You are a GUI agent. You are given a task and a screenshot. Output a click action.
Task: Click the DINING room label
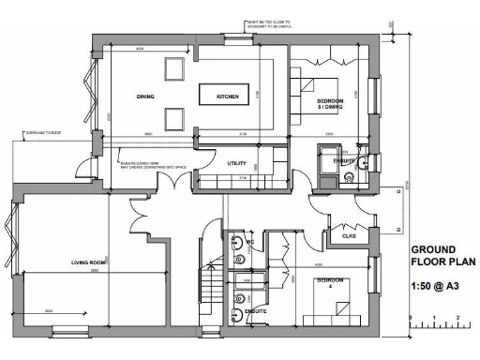tap(145, 96)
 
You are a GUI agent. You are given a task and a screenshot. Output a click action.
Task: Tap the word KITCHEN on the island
tap(228, 97)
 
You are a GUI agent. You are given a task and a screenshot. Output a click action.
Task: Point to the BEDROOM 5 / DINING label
tap(330, 104)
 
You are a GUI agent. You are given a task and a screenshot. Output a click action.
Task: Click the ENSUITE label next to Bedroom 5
tap(344, 160)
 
